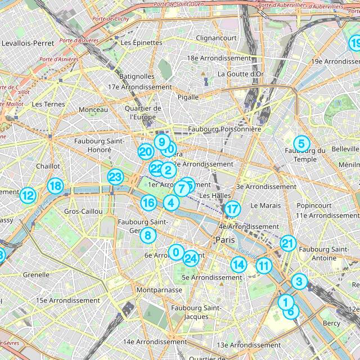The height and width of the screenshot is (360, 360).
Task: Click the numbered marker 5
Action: (x=301, y=143)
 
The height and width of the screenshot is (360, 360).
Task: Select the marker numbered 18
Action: (x=55, y=186)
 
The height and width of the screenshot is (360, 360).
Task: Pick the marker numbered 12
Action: (x=28, y=196)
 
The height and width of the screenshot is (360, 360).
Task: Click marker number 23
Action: (x=115, y=177)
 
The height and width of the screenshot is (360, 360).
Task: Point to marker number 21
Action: (x=288, y=244)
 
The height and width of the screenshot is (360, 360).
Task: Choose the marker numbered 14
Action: (x=238, y=264)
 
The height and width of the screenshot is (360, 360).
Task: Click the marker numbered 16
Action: (x=148, y=203)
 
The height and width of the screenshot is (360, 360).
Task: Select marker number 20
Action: (x=146, y=151)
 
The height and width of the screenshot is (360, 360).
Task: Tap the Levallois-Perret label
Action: (x=28, y=43)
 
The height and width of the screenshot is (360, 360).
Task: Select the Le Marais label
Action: (x=265, y=206)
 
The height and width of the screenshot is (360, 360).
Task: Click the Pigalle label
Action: (x=188, y=97)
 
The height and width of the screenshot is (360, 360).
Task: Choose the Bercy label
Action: (x=331, y=323)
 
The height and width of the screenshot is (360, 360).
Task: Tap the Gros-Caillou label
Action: (x=84, y=211)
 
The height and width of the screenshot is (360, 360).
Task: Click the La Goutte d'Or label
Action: (x=241, y=74)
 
